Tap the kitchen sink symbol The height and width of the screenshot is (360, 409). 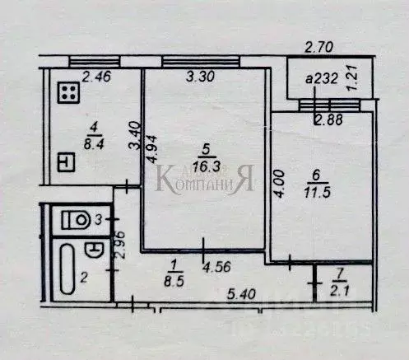click(67, 162)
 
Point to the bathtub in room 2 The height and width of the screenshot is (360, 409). click(67, 271)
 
